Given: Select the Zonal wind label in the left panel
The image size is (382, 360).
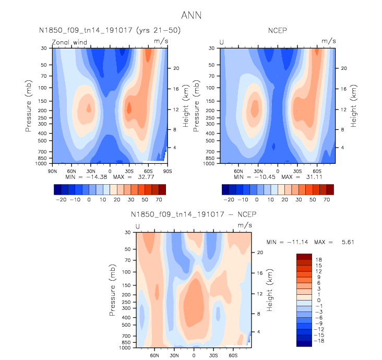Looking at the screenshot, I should coord(69,43).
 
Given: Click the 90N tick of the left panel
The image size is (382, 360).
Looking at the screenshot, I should coord(52,171).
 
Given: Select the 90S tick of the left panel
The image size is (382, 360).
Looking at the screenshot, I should coord(166,171).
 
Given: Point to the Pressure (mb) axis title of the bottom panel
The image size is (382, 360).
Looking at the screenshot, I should coord(113,290).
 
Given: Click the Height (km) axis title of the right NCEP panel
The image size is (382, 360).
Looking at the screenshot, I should coord(353,106).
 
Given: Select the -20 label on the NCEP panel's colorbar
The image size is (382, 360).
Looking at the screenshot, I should coord(229,199).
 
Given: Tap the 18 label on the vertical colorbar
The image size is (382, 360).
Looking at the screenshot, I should coord(318,259).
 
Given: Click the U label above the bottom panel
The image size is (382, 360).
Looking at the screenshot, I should coord(138,226).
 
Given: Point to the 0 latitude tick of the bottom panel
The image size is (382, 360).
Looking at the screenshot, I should coord(194,355).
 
